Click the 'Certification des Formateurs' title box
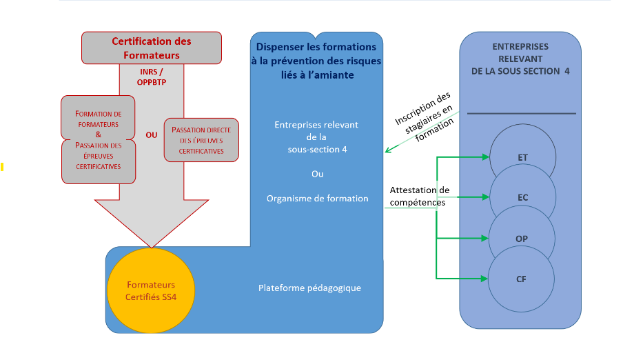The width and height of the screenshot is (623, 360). coord(152,48)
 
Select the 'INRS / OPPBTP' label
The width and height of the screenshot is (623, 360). coord(152,77)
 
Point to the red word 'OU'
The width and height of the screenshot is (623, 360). coord(152,135)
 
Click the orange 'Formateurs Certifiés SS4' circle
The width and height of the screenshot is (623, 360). coord(151,290)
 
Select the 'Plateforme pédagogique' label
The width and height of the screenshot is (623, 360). coord(309,288)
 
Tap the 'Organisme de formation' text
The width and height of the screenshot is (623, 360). coord(317,199)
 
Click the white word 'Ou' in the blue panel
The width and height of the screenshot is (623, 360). coord(317,174)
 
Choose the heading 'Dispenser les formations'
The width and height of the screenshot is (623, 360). coord(316,48)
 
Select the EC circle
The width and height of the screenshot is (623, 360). coord(522,197)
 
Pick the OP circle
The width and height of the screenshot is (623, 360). coord(522,239)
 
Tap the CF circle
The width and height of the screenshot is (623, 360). coord(522,279)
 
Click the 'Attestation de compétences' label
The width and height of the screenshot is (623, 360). coord(419,197)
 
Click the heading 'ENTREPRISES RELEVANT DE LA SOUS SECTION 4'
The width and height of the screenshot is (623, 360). coord(520,59)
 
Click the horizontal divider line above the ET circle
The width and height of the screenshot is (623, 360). coord(521,113)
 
